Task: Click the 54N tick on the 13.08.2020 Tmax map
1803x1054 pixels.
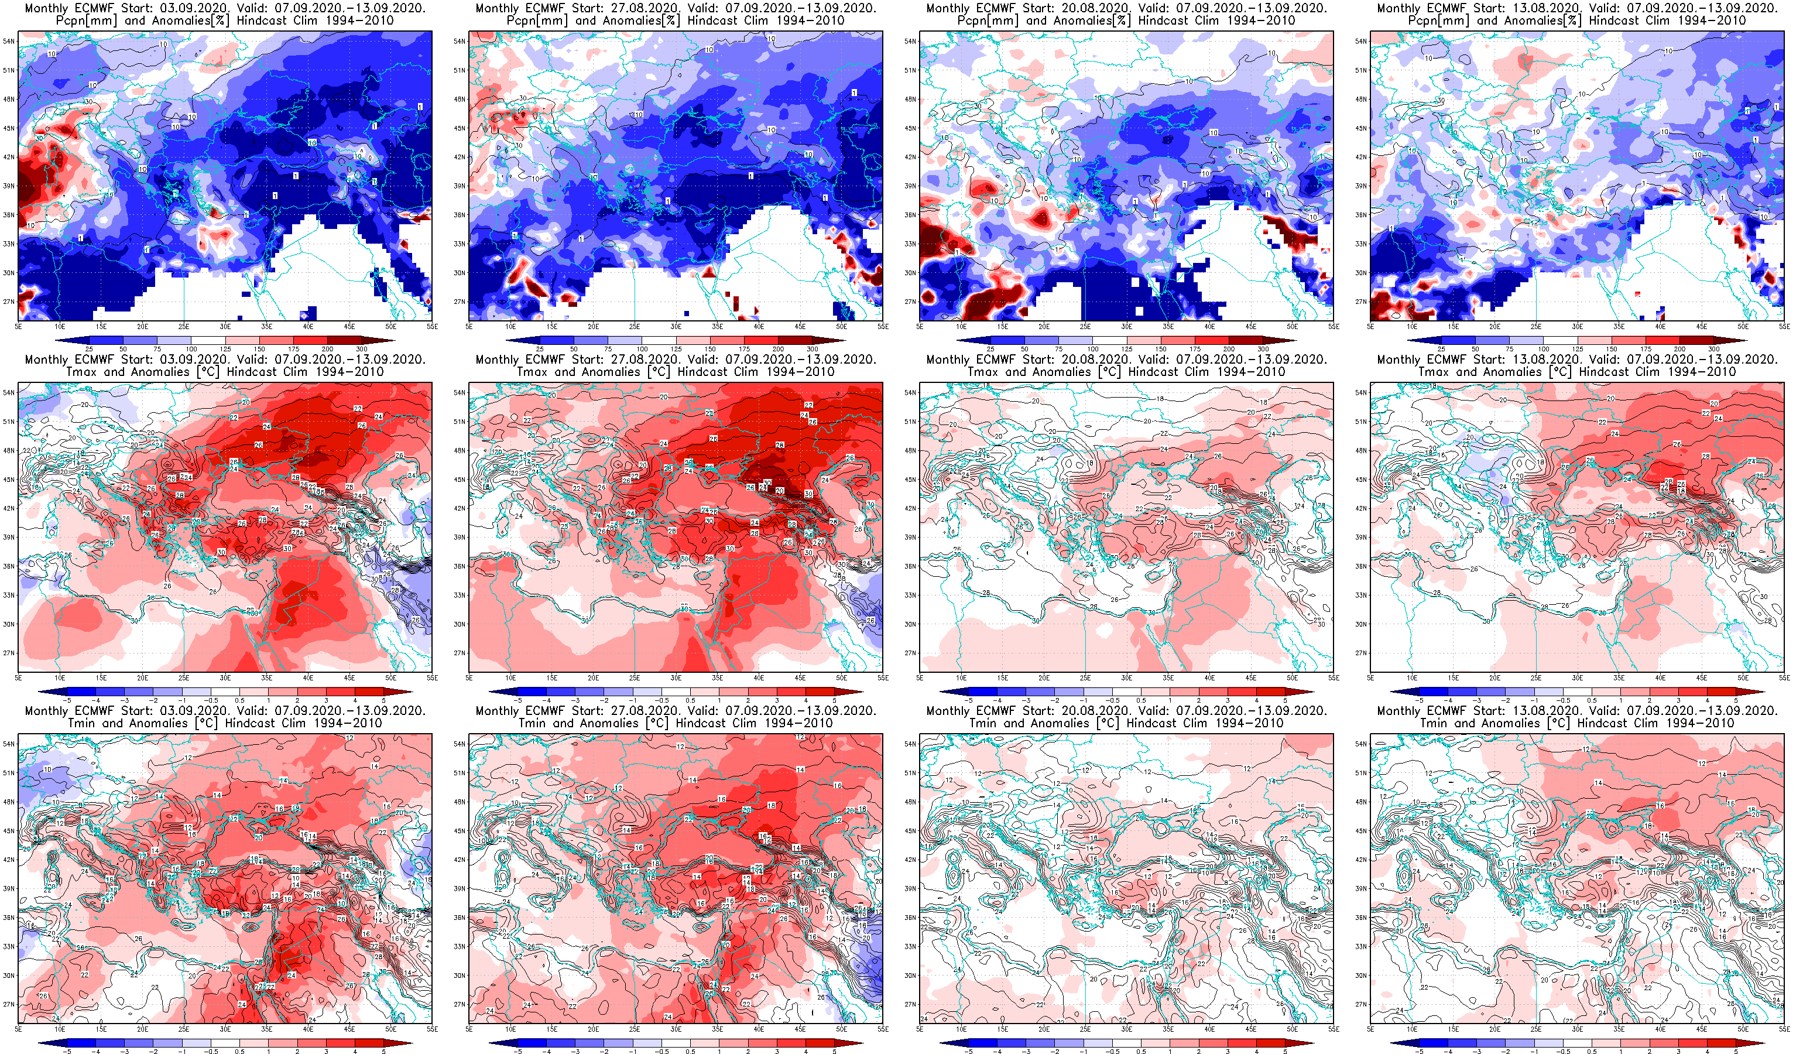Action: click(x=1361, y=393)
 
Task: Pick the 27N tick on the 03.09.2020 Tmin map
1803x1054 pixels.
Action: click(x=9, y=1005)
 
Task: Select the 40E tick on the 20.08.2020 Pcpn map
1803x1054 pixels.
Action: click(x=1209, y=326)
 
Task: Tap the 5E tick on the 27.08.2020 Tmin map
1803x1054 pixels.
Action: click(x=469, y=1029)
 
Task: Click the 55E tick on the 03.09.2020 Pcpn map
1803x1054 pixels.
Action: click(x=431, y=326)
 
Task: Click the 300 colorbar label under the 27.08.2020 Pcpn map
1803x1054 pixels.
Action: click(x=813, y=349)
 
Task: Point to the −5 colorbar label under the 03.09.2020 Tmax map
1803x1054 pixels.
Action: click(x=67, y=700)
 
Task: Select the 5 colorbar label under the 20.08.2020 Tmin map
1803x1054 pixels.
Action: click(x=1286, y=1052)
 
